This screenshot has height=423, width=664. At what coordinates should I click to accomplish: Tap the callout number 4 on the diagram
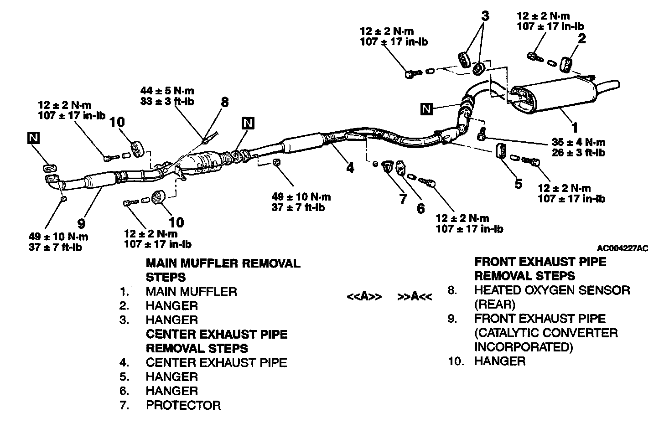[x=350, y=168]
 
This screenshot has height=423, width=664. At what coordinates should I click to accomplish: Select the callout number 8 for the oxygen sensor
[x=224, y=102]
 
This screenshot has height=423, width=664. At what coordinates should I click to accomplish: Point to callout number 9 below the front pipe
[x=82, y=223]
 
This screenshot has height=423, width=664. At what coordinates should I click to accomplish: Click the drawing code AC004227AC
[x=622, y=248]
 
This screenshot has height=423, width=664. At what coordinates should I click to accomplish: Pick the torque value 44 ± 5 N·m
[x=167, y=91]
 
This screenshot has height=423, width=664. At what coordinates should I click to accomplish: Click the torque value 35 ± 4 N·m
[x=579, y=142]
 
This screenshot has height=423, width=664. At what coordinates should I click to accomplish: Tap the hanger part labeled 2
[x=565, y=64]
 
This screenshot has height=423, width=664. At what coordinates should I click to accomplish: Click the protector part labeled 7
[x=387, y=167]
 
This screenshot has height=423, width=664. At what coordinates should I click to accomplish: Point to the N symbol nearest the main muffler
[x=426, y=108]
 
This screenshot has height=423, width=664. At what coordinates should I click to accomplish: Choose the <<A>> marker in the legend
[x=364, y=297]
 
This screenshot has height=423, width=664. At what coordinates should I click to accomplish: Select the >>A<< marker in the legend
[x=415, y=297]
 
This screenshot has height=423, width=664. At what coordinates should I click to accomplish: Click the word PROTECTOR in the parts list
[x=183, y=405]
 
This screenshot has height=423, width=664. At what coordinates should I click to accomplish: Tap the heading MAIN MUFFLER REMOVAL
[x=223, y=263]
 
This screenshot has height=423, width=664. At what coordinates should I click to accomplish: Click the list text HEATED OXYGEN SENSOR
[x=552, y=290]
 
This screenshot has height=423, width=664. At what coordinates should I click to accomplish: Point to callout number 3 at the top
[x=485, y=16]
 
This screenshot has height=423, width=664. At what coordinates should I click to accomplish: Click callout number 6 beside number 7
[x=420, y=208]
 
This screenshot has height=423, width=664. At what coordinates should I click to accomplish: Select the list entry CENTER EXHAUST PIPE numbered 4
[x=216, y=362]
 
